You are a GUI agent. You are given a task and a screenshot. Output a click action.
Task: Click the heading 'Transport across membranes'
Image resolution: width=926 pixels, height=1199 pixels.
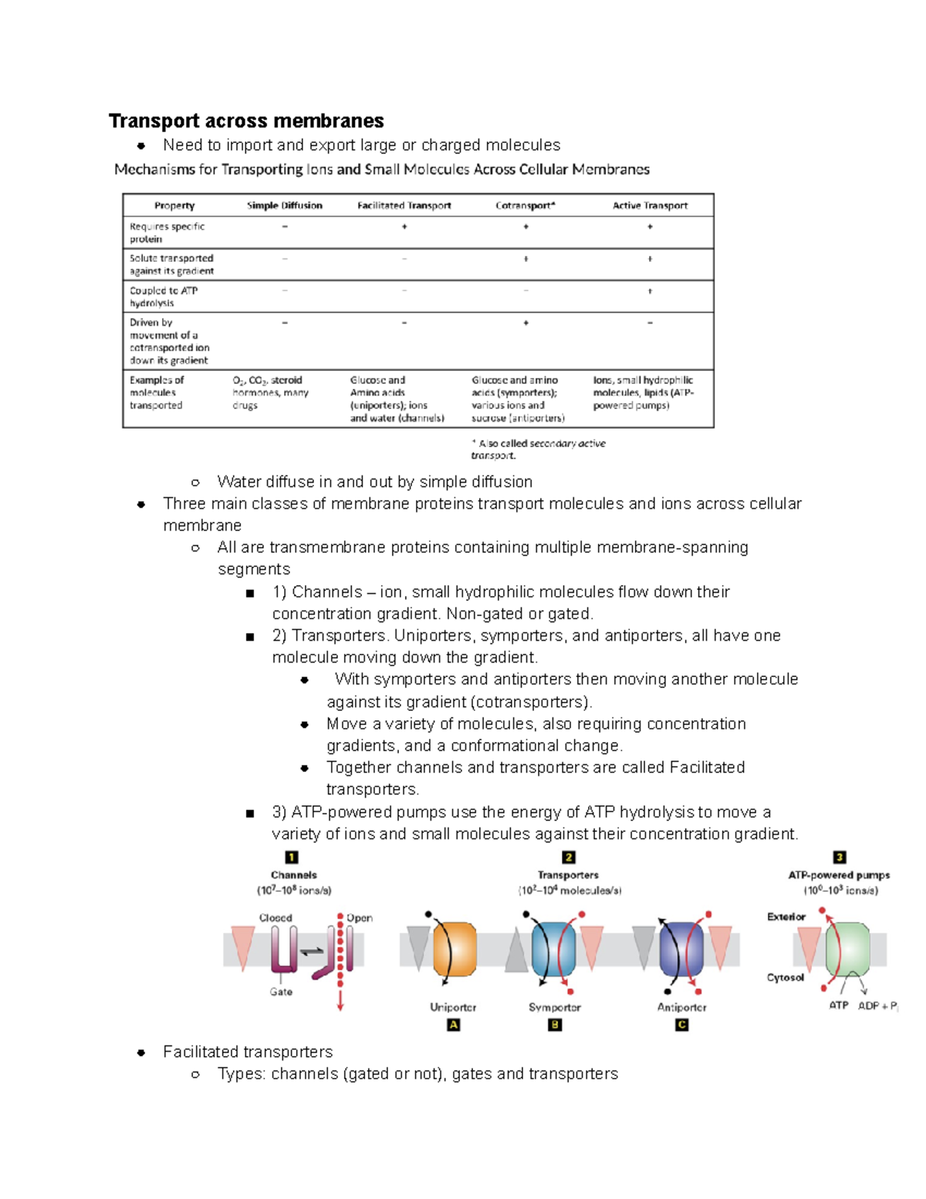[x=246, y=121]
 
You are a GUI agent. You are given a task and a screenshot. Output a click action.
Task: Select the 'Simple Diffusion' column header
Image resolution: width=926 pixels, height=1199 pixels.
[x=284, y=205]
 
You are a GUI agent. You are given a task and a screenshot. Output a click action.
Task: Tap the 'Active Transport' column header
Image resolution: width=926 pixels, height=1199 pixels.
[x=650, y=205]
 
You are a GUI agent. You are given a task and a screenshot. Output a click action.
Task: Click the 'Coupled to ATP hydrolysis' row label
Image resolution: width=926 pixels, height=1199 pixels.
[x=164, y=296]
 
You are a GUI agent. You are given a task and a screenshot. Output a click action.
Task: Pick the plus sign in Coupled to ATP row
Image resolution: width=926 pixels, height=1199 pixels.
[x=650, y=291]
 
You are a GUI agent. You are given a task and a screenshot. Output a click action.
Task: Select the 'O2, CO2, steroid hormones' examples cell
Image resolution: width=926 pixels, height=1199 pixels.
[x=270, y=392]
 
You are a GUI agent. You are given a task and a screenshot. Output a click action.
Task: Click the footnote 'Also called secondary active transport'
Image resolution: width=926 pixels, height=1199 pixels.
[x=538, y=449]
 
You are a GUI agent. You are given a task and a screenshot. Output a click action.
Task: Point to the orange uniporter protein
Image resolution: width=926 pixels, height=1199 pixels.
[x=455, y=949]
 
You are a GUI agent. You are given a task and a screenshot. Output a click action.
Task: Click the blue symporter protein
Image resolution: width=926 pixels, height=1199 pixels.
[x=554, y=949]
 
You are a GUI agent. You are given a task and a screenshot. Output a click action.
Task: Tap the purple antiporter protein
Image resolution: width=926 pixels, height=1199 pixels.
[x=681, y=949]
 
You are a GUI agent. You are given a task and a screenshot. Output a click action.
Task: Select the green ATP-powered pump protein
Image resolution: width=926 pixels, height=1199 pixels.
[x=848, y=949]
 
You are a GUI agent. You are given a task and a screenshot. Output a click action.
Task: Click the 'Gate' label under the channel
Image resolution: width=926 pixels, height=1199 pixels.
[x=281, y=992]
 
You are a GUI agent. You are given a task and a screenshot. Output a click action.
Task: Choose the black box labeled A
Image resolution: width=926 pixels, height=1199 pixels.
[x=454, y=1025]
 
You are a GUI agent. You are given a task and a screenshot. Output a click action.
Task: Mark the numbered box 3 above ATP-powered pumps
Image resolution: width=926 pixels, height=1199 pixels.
[x=840, y=857]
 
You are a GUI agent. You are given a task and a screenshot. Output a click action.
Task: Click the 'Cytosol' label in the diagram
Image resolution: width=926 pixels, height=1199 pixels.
[x=785, y=977]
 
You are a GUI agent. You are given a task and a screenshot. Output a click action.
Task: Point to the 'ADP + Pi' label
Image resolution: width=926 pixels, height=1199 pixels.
[x=877, y=1006]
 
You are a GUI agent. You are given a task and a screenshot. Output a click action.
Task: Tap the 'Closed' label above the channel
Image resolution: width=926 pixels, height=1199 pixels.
[x=275, y=918]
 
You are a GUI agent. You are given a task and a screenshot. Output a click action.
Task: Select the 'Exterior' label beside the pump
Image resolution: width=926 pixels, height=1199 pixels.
[x=786, y=917]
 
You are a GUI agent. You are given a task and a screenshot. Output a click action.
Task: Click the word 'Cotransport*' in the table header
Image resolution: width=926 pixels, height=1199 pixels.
[x=525, y=205]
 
